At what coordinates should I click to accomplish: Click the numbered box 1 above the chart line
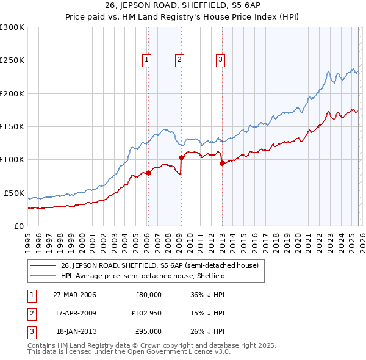coord(148,59)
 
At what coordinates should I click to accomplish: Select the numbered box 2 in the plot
coord(180,59)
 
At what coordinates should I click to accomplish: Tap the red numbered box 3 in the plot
coord(220,59)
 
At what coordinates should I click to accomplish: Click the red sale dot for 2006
coord(148,173)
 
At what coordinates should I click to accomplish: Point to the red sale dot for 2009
coord(181,158)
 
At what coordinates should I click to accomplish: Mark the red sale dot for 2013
coord(222,163)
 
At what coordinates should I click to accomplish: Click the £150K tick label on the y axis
coord(12,127)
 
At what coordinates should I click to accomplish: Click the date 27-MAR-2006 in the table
coord(74,295)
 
